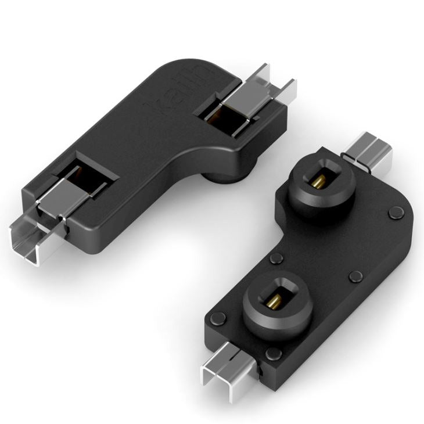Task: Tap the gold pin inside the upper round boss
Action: point(317,186)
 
